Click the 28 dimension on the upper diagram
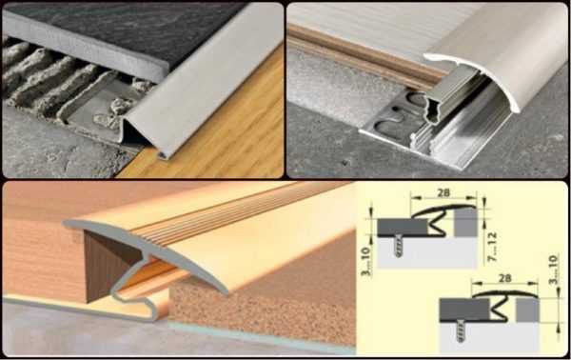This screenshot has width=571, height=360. [x=443, y=192]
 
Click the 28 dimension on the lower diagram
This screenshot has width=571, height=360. [x=504, y=278]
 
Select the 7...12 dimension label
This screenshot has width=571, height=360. [x=492, y=247]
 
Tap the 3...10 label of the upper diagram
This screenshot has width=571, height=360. [x=366, y=261]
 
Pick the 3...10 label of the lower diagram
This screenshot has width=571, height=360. [x=553, y=270]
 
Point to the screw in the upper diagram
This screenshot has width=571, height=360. [x=398, y=246]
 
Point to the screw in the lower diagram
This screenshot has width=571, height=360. [x=461, y=330]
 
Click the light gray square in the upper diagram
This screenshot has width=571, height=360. [x=465, y=223]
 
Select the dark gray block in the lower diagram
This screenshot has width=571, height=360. [x=464, y=310]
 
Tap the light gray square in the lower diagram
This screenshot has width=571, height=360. [x=527, y=310]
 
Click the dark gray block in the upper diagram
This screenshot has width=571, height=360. [x=402, y=228]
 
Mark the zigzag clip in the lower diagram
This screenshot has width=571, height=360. [x=501, y=309]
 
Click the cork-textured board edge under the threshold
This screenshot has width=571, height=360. [x=263, y=310]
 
